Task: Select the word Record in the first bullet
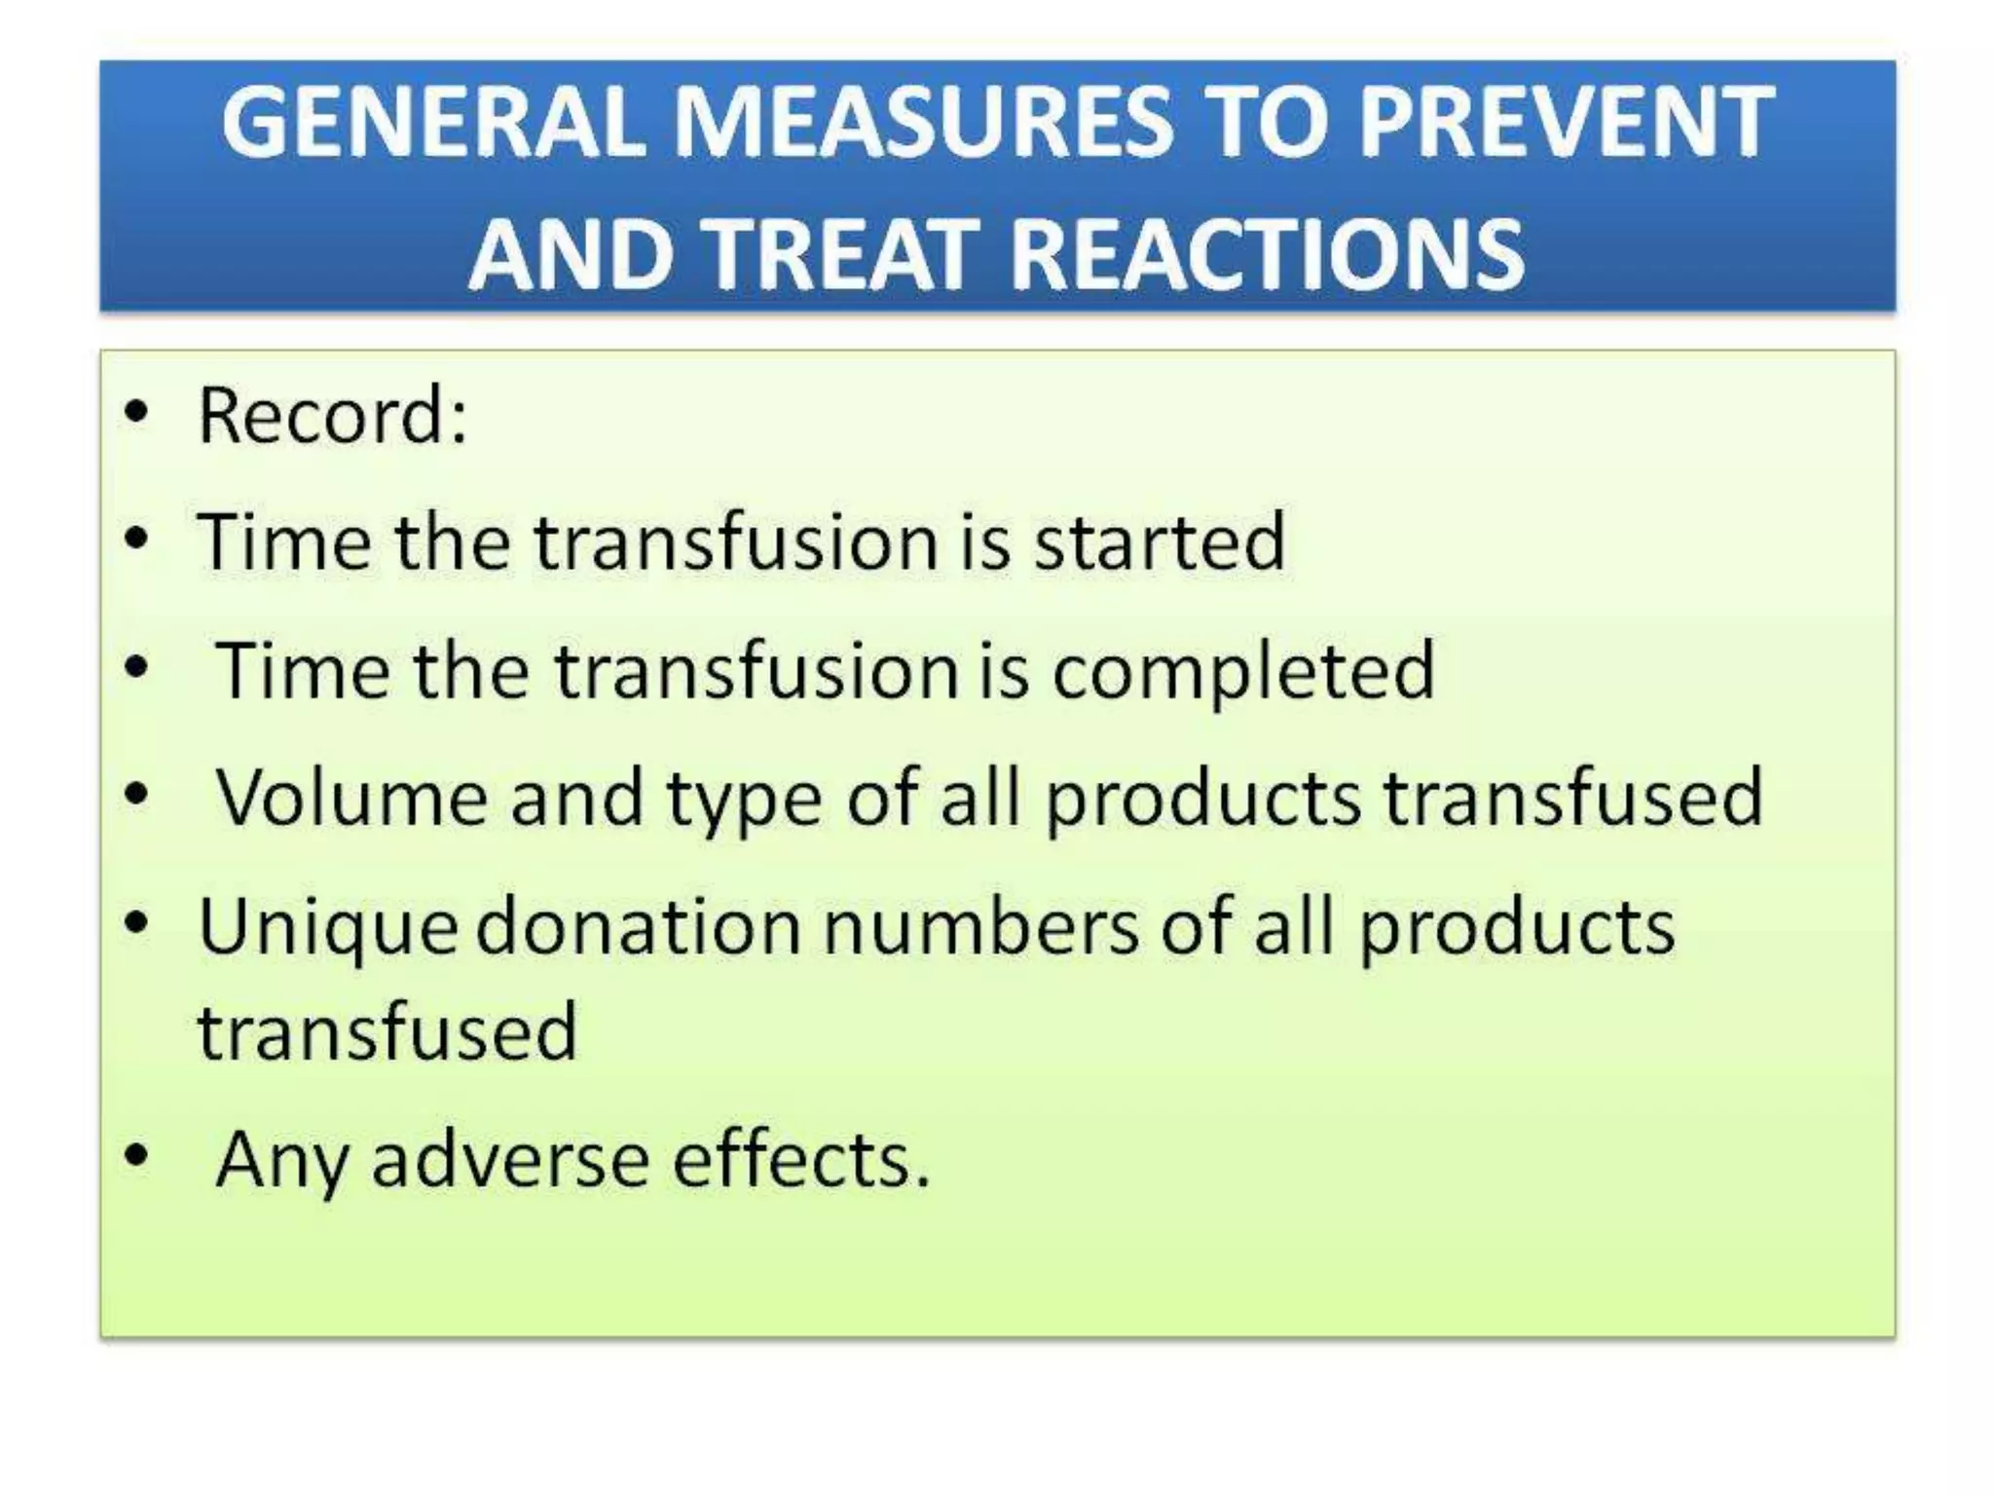(x=321, y=416)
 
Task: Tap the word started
(x=1159, y=542)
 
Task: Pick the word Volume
(x=351, y=798)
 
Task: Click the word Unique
(x=327, y=927)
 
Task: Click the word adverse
(x=510, y=1160)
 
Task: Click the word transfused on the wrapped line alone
(x=388, y=1031)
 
